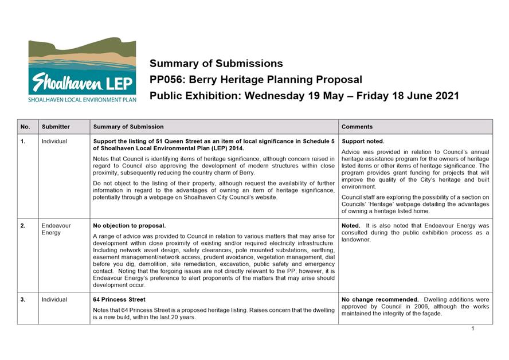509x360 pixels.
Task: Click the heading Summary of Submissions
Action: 216,64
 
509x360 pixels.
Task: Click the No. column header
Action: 25,127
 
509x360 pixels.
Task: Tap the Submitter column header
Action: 55,127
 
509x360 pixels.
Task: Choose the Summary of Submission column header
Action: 128,127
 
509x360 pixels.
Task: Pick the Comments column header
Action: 357,127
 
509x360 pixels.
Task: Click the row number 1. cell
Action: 23,141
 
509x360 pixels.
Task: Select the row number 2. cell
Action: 23,226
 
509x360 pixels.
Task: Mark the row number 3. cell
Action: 23,300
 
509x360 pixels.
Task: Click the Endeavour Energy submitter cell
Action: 56,229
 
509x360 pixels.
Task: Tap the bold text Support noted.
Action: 363,141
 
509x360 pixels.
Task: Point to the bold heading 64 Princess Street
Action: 119,300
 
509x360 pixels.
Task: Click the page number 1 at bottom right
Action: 473,328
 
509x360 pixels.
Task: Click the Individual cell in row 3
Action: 54,300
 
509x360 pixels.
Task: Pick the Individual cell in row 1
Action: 54,141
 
